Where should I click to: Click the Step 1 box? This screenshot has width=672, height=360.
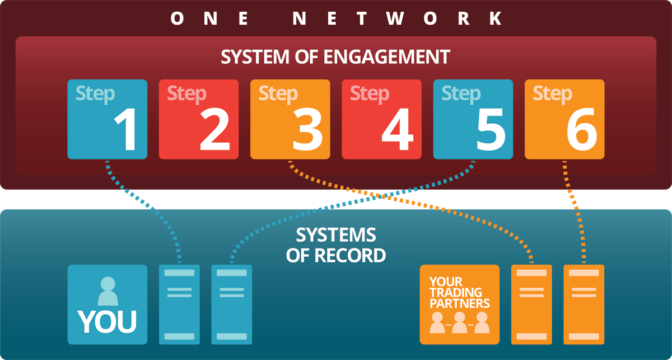tap(107, 119)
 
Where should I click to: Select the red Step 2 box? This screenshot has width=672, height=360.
tap(198, 119)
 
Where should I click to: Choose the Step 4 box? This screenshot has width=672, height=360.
tap(381, 119)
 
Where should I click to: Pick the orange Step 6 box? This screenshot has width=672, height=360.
tap(564, 119)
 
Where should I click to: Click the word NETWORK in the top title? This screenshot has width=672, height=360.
tap(396, 19)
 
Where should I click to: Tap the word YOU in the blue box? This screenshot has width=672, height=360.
tap(107, 321)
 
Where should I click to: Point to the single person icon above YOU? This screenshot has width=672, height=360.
tap(107, 291)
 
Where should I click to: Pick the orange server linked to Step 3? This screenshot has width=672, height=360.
tap(531, 304)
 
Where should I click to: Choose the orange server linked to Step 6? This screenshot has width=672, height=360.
tap(584, 304)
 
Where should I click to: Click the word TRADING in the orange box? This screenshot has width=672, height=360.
tap(455, 292)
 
